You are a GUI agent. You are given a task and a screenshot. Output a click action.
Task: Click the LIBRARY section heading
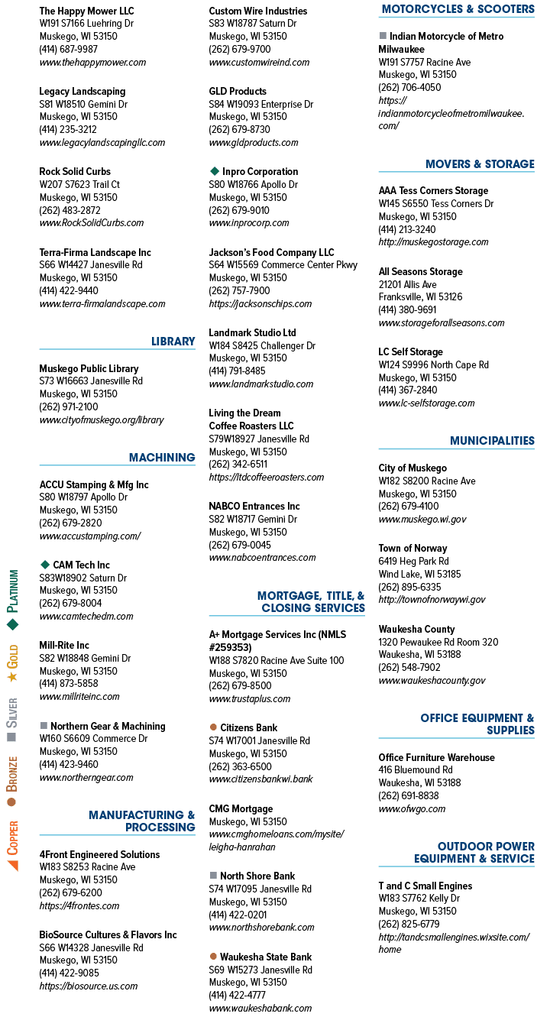click(x=173, y=342)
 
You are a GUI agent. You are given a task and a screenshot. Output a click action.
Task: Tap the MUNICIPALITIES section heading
click(x=492, y=441)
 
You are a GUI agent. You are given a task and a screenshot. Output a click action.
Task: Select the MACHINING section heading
click(x=162, y=458)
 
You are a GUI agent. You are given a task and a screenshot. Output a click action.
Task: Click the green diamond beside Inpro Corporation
click(x=215, y=171)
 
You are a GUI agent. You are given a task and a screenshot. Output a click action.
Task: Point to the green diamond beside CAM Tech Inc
click(x=45, y=565)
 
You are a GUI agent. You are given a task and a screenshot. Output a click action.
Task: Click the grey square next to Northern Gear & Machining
click(x=44, y=726)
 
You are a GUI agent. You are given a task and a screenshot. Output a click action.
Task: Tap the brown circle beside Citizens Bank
click(x=213, y=727)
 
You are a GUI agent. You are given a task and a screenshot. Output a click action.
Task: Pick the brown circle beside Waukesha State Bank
click(x=213, y=956)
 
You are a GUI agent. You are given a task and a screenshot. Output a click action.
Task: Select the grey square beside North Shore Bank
click(x=213, y=875)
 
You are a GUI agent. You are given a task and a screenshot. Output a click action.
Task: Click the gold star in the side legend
click(x=12, y=677)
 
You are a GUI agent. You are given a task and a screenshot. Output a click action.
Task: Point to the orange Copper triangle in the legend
click(x=13, y=866)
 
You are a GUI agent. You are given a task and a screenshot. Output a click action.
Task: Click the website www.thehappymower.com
click(x=92, y=63)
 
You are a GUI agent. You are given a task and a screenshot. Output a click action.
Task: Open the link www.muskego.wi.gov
click(x=422, y=520)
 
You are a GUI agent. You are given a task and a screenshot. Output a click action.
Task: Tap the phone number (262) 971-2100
click(x=69, y=406)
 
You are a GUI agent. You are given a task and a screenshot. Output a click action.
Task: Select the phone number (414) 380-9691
click(x=407, y=309)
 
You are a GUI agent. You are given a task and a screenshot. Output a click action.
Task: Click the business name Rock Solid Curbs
click(x=75, y=172)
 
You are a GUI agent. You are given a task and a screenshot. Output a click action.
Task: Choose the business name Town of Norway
click(x=413, y=549)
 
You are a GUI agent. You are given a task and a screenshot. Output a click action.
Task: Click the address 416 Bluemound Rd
click(x=416, y=769)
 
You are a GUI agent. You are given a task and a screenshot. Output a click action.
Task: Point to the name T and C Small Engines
click(x=425, y=886)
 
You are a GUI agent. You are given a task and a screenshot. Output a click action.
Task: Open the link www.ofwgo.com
click(x=412, y=808)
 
